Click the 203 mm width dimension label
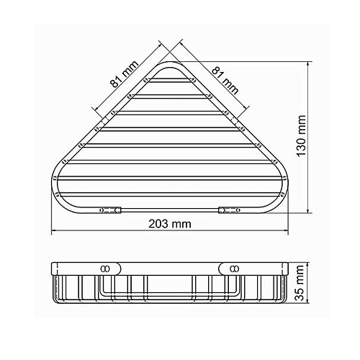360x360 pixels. click(170, 224)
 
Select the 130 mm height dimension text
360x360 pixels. click(301, 136)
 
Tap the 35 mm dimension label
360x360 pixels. click(300, 283)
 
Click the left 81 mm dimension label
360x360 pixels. click(125, 73)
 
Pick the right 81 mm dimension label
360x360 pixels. click(225, 81)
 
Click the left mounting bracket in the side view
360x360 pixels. click(110, 269)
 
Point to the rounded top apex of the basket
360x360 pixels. click(169, 63)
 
